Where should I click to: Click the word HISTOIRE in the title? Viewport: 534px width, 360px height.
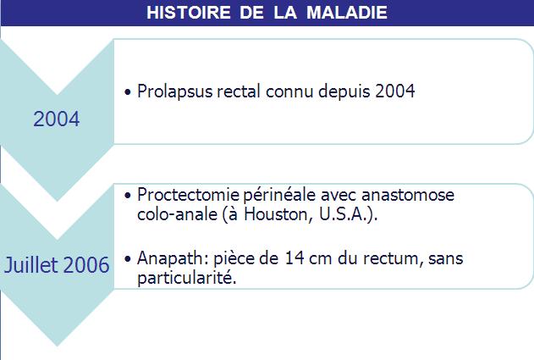(189, 13)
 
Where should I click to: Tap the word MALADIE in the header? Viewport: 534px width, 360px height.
(347, 13)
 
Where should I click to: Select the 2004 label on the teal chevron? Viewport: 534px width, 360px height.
(57, 119)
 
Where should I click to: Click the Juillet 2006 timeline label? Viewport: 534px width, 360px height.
(57, 265)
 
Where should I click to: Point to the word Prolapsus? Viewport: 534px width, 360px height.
(174, 91)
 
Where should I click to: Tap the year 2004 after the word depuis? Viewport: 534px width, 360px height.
(395, 91)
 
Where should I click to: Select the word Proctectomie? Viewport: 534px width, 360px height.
(189, 195)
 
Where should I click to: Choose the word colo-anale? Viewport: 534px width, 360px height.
(177, 214)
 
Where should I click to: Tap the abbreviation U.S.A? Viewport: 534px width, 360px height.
(344, 214)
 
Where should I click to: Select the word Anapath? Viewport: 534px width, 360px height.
(173, 258)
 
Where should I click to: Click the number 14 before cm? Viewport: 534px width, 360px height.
(295, 258)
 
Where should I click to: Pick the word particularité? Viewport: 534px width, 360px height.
(187, 278)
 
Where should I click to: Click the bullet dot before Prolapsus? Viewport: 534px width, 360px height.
(128, 92)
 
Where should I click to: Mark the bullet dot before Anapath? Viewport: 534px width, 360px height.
(128, 259)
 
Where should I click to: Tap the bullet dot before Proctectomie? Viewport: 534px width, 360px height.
(128, 196)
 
